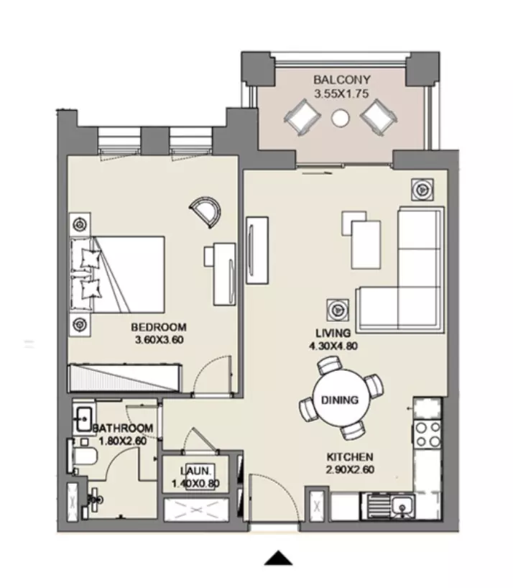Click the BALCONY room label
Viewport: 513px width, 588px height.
pyautogui.click(x=342, y=80)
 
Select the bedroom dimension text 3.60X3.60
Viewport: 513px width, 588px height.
pyautogui.click(x=159, y=340)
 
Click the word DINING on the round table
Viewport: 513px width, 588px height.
pyautogui.click(x=340, y=400)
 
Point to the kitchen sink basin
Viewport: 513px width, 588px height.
pyautogui.click(x=402, y=506)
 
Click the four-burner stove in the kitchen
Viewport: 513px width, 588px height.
pyautogui.click(x=427, y=434)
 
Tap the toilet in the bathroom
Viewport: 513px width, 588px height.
pyautogui.click(x=83, y=456)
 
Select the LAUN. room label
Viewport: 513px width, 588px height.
pyautogui.click(x=195, y=471)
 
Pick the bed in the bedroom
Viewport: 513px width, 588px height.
pyautogui.click(x=117, y=274)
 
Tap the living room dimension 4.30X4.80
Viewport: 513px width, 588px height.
pyautogui.click(x=333, y=346)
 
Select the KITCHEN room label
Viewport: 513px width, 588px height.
pyautogui.click(x=350, y=457)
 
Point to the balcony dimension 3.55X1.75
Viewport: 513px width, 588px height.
pyautogui.click(x=341, y=93)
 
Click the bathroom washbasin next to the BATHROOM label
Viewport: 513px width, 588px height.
pyautogui.click(x=83, y=418)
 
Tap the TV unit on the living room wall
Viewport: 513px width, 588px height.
pyautogui.click(x=257, y=250)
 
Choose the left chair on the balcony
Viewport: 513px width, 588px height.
pyautogui.click(x=302, y=118)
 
